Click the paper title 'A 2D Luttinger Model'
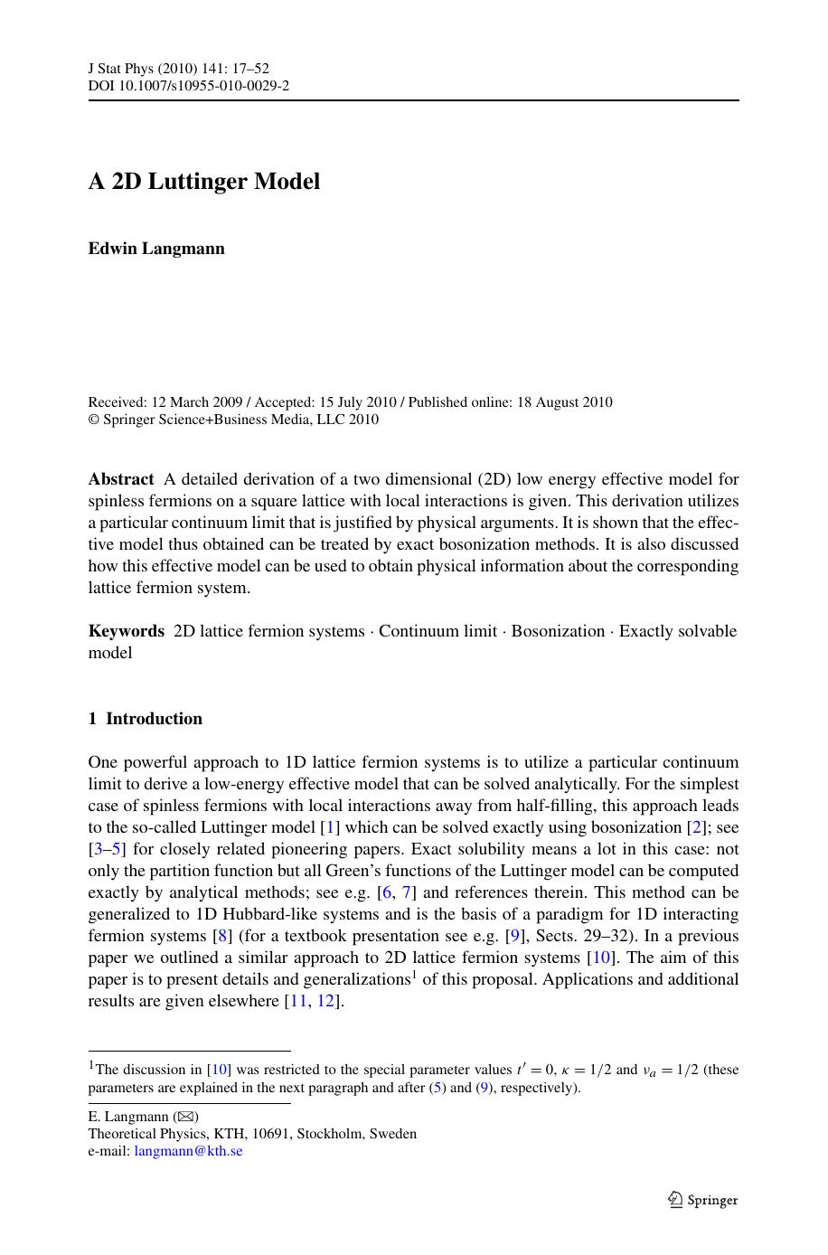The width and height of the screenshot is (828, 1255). pos(204,182)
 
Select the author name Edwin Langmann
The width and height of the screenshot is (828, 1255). pos(156,249)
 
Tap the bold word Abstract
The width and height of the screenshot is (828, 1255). pos(121,479)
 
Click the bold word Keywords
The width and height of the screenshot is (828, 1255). pos(127,631)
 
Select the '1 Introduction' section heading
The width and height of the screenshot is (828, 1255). pos(146,719)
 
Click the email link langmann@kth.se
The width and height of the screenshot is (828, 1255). pos(188,1151)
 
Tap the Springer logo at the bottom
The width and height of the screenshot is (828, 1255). pos(703,1200)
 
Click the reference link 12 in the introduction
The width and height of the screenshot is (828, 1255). pos(325,1001)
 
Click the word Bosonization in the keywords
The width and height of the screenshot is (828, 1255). pos(558,631)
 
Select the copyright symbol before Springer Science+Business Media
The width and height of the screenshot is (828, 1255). pos(93,420)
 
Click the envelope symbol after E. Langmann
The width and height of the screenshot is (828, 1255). pos(185,1117)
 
